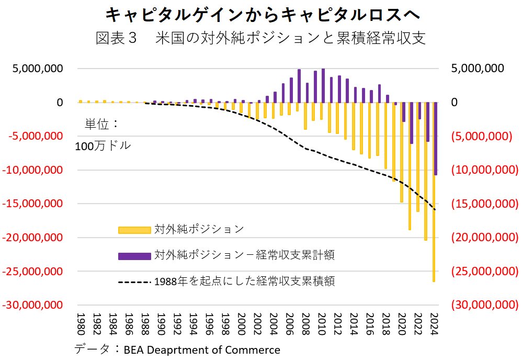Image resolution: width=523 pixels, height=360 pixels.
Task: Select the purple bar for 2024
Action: tap(436, 139)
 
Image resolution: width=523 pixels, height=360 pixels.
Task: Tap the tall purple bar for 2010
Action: tap(323, 85)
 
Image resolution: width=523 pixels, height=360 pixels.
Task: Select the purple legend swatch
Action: tap(134, 255)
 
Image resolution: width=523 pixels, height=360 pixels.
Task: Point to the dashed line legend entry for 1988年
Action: tap(245, 282)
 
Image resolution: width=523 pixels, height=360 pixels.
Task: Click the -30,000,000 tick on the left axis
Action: tap(32, 305)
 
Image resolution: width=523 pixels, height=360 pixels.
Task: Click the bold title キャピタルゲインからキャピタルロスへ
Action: tap(260, 15)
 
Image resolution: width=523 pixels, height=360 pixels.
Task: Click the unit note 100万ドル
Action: tap(103, 147)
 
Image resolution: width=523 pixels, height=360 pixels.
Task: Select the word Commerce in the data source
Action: tap(255, 350)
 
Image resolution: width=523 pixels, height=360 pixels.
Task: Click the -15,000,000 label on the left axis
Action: tap(32, 204)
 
